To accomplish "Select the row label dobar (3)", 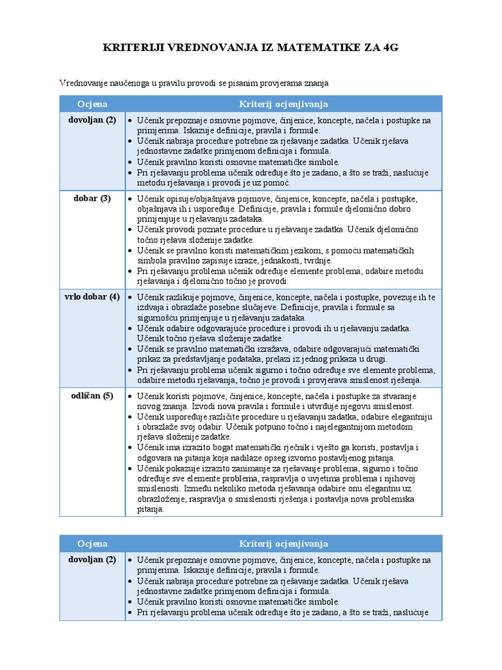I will coord(92,198).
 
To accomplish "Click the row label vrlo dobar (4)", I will coord(92,296).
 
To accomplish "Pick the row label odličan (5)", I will coord(92,395).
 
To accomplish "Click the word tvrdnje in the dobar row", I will coord(297,260).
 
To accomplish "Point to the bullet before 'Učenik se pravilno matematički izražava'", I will coord(130,349).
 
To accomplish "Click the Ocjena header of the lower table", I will coord(92,544).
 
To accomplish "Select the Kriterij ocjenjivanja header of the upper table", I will coord(283,104).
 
